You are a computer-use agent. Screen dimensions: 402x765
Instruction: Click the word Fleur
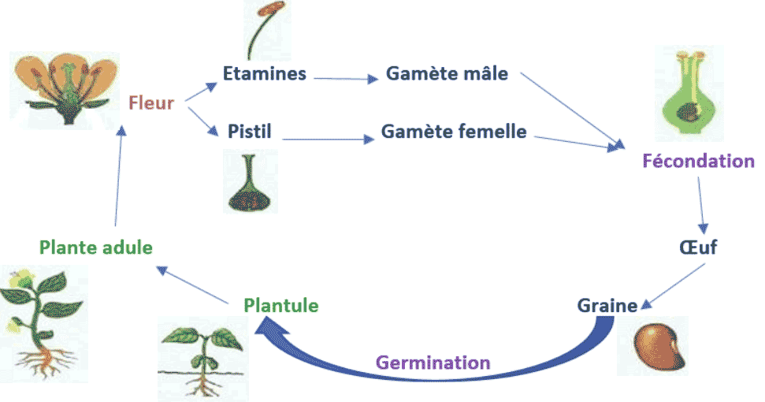coord(150,102)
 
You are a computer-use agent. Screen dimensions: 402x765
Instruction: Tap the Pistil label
coord(249,131)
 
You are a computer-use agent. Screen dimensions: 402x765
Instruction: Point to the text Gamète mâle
coord(447,74)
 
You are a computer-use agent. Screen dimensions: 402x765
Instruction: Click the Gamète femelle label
coord(454,131)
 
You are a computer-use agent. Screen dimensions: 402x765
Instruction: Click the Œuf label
coord(697,248)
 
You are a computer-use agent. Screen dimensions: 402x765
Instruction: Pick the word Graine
coord(607,305)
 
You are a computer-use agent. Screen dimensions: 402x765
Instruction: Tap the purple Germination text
coord(433,363)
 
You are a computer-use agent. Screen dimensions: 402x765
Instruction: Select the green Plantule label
coord(281,305)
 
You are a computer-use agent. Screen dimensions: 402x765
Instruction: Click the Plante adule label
coord(95,248)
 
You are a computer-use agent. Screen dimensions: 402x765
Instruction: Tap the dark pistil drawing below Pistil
coord(251,182)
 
